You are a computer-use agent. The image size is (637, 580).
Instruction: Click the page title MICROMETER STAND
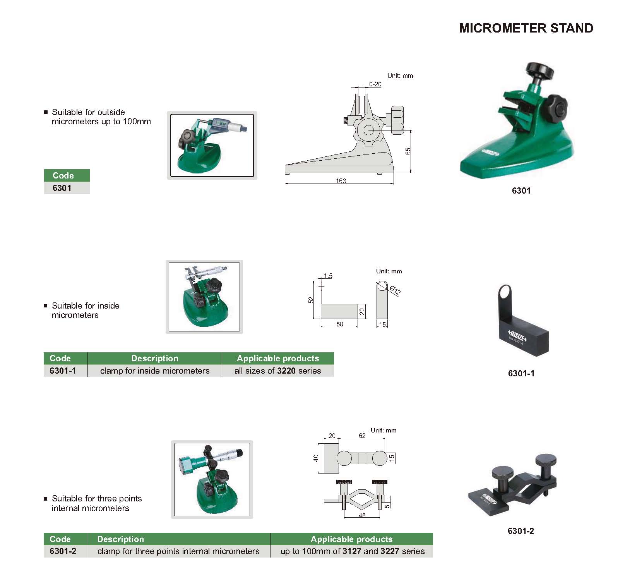pos(526,28)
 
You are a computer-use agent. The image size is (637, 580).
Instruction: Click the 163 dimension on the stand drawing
pos(341,181)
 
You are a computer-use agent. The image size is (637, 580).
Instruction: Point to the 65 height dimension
pos(408,151)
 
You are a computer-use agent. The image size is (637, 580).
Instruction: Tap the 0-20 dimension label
pos(375,84)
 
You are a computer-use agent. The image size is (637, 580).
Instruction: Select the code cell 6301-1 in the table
pos(63,371)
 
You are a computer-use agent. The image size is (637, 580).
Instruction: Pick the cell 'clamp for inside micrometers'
pos(155,371)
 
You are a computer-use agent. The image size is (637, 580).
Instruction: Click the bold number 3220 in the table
pos(286,371)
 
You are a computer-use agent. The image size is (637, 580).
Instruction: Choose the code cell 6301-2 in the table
pos(63,551)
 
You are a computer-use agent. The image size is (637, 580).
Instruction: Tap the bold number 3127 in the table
pos(352,551)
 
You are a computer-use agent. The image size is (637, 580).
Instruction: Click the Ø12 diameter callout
pos(395,290)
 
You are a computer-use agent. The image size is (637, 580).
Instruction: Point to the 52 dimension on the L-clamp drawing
pos(311,300)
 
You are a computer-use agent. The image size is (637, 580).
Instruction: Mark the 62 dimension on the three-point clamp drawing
pos(362,436)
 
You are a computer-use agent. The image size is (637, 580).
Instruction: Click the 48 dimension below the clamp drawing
pos(362,515)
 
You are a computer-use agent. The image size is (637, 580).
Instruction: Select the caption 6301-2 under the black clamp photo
pos(521,531)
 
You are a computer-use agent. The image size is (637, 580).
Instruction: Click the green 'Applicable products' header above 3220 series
pos(278,358)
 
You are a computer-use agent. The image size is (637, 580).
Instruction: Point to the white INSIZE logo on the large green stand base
pos(491,152)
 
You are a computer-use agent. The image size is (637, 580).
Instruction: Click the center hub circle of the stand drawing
pos(369,130)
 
